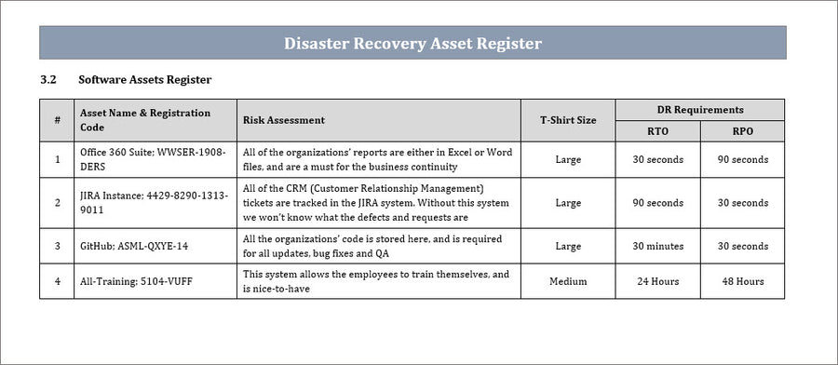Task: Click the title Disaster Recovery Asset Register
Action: pyautogui.click(x=412, y=43)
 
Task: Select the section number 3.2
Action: pyautogui.click(x=49, y=80)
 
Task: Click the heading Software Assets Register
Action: pyautogui.click(x=145, y=80)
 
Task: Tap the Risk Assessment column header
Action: pyautogui.click(x=284, y=120)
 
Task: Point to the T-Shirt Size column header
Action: pyautogui.click(x=568, y=120)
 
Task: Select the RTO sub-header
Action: pyautogui.click(x=657, y=131)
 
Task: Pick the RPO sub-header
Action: pyautogui.click(x=743, y=131)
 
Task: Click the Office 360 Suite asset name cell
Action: pyautogui.click(x=155, y=159)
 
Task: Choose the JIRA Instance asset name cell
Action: pyautogui.click(x=155, y=202)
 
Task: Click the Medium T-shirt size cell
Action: pyautogui.click(x=568, y=281)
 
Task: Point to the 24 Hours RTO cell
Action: pyautogui.click(x=657, y=281)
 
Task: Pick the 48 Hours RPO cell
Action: pyautogui.click(x=743, y=281)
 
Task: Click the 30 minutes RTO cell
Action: pyautogui.click(x=657, y=246)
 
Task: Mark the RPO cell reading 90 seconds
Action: pyautogui.click(x=743, y=159)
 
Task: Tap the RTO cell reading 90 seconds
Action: pyautogui.click(x=657, y=202)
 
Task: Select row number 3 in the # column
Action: pyautogui.click(x=58, y=246)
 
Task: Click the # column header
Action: pyautogui.click(x=58, y=120)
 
